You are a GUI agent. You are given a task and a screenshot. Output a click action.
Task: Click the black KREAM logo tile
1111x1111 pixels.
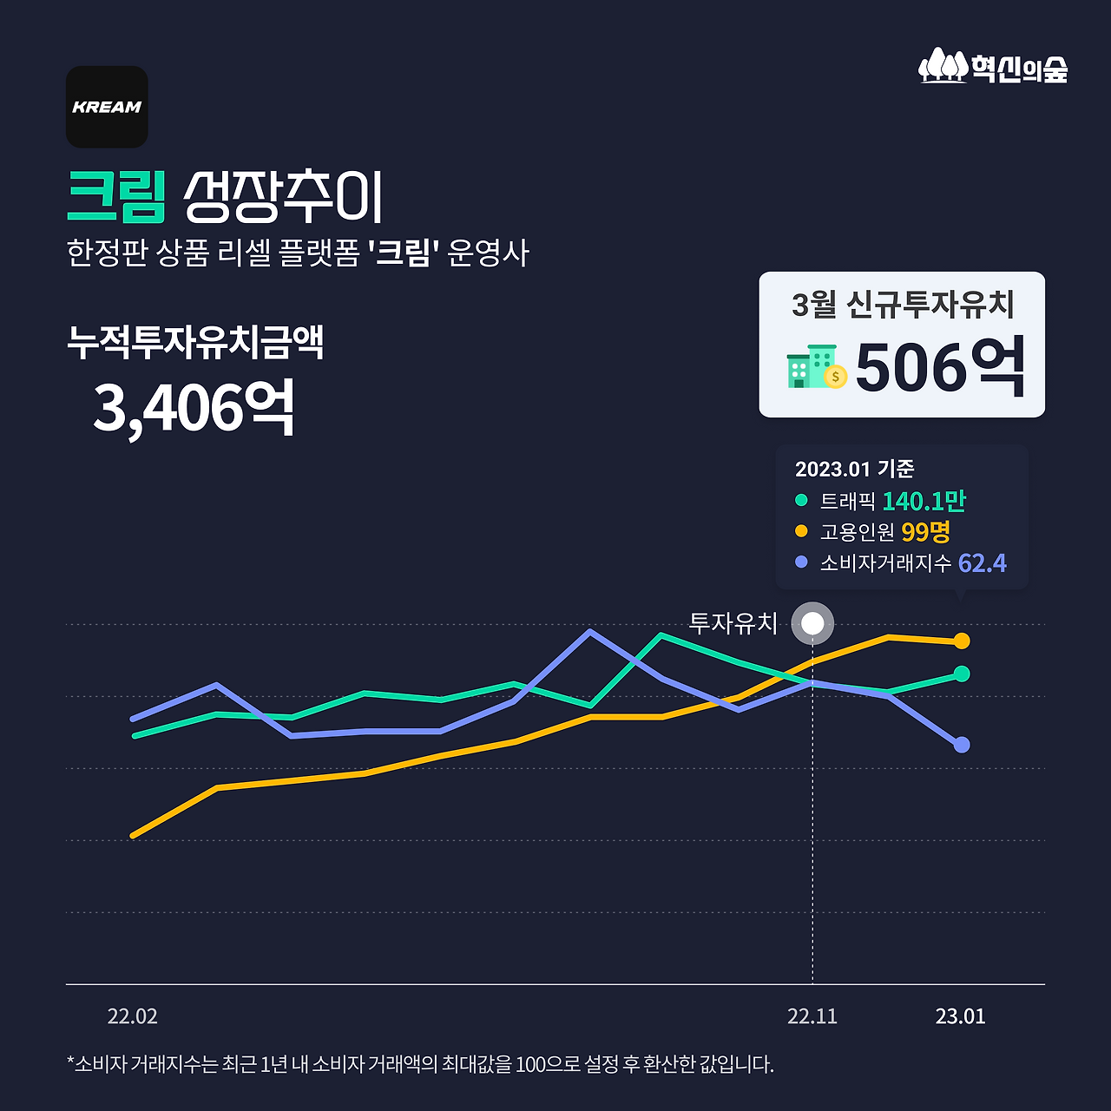point(107,107)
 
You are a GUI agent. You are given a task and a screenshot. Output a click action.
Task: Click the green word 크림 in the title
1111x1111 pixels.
point(116,197)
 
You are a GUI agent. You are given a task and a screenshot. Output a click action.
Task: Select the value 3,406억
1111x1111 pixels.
point(194,407)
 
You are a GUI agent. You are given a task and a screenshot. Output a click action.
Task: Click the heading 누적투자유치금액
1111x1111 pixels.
point(195,342)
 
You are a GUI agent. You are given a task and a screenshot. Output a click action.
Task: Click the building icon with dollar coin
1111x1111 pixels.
point(816,367)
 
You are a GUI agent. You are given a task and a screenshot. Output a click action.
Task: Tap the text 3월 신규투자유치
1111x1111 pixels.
point(903,304)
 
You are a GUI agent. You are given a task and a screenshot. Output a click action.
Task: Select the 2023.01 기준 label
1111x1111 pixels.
point(854,469)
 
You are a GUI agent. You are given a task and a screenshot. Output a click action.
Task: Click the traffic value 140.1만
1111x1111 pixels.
point(924,501)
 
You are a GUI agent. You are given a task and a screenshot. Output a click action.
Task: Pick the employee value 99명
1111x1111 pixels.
point(925,531)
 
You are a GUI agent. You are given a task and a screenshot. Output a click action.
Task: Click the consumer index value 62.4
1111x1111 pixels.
point(982,563)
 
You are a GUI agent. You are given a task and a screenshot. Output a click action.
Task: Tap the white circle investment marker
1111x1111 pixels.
point(812,623)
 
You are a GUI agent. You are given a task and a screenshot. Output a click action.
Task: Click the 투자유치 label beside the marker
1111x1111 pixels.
point(733,623)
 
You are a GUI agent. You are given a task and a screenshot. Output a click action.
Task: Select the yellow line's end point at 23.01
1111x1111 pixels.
point(962,641)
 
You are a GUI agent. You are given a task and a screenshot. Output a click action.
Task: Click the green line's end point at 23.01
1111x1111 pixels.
point(962,674)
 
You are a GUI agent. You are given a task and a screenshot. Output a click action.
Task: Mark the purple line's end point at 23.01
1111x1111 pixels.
point(962,745)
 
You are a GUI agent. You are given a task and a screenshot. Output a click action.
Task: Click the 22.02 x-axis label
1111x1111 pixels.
point(132,1016)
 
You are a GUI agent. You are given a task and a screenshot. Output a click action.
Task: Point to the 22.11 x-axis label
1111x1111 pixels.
point(812,1016)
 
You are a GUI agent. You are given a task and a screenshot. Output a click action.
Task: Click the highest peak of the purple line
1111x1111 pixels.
point(590,631)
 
